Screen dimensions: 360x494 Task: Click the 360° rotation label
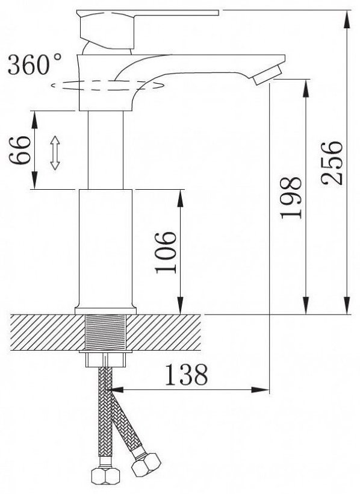[x=35, y=64]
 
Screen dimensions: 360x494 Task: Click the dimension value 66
[x=20, y=150]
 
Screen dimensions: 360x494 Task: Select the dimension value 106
[x=166, y=252]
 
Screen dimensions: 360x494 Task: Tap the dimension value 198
[x=291, y=198]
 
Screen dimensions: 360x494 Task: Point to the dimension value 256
[x=332, y=163]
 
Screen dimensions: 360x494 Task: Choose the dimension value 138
[x=187, y=375]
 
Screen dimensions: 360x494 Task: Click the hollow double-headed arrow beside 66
[x=55, y=153]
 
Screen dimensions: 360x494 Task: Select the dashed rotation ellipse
[x=107, y=85]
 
